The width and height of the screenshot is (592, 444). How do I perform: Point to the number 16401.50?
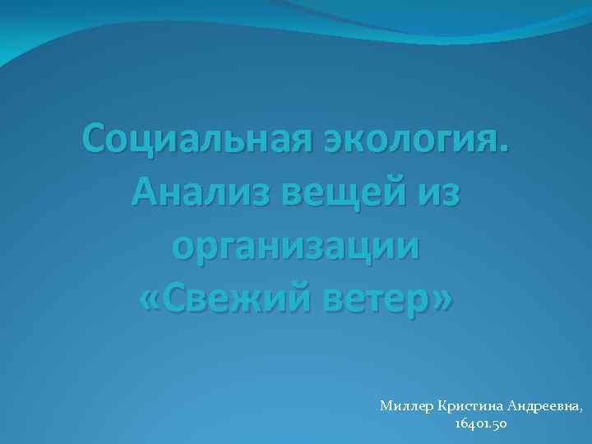click(x=480, y=424)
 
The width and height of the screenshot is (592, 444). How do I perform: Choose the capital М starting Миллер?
click(x=386, y=406)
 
